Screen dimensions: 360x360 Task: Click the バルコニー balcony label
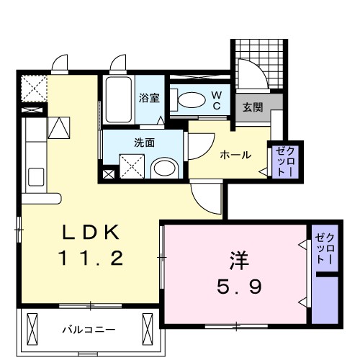88,329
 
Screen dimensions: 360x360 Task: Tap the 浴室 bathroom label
149,97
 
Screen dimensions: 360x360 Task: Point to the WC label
216,99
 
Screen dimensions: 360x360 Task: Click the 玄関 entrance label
252,108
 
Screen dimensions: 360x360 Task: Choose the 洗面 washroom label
144,142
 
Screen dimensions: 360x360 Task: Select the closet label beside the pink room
325,248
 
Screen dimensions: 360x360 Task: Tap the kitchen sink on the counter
34,176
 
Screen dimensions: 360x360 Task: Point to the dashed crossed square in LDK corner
32,88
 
